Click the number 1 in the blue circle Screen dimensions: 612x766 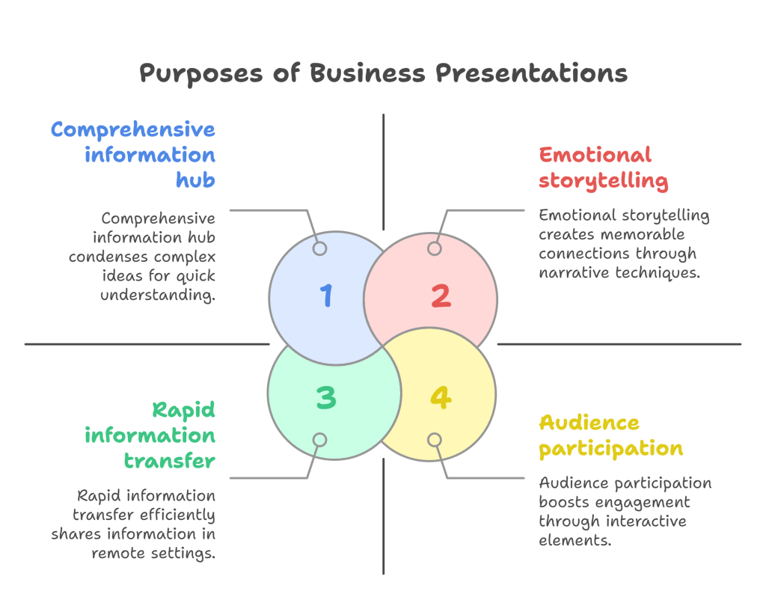[x=326, y=296]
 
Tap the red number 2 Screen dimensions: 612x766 [x=441, y=296]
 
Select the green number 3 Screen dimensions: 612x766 [x=326, y=397]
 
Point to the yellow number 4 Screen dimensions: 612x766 [x=440, y=397]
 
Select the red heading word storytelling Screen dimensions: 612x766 [x=604, y=180]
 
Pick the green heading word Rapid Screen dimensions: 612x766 [x=183, y=409]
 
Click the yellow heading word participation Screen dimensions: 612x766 [x=611, y=448]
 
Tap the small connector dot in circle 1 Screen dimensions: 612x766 [x=319, y=248]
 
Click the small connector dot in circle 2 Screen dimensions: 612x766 [x=435, y=248]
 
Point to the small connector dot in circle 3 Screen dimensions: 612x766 [x=319, y=440]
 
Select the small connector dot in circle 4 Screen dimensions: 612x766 [x=435, y=440]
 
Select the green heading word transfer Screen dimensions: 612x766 [x=170, y=460]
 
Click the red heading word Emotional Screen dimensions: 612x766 [x=595, y=155]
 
